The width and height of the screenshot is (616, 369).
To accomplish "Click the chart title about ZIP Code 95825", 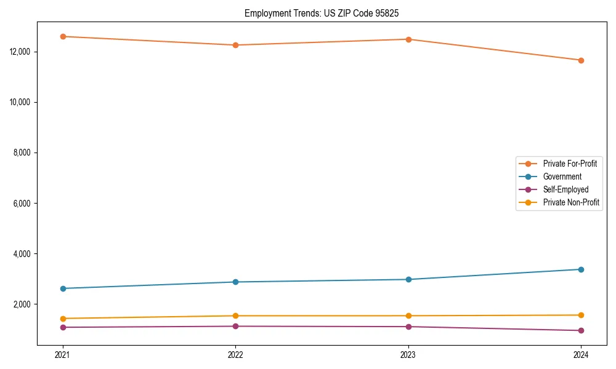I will pyautogui.click(x=322, y=13).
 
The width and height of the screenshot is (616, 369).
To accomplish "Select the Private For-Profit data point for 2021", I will pyautogui.click(x=62, y=36).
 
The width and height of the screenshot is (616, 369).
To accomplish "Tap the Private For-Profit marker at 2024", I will pyautogui.click(x=581, y=60).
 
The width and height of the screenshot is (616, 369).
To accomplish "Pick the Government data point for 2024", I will pyautogui.click(x=581, y=269).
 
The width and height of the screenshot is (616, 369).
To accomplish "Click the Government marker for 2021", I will pyautogui.click(x=62, y=288).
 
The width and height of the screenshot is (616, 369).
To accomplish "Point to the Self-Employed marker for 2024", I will pyautogui.click(x=581, y=330).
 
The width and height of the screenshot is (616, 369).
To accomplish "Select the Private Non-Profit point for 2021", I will pyautogui.click(x=62, y=319).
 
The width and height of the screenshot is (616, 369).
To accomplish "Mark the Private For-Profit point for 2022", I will pyautogui.click(x=235, y=45).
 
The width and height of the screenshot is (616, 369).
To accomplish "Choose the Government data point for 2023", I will pyautogui.click(x=408, y=279).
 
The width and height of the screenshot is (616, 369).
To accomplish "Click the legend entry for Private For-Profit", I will pyautogui.click(x=569, y=164).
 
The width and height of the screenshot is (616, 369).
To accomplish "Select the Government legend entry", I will pyautogui.click(x=562, y=177).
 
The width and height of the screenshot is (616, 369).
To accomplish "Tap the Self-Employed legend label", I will pyautogui.click(x=565, y=189).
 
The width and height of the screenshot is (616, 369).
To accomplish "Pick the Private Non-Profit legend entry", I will pyautogui.click(x=571, y=202).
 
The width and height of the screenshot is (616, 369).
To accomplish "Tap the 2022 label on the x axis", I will pyautogui.click(x=235, y=354).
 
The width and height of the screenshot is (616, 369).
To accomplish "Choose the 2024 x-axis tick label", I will pyautogui.click(x=581, y=354).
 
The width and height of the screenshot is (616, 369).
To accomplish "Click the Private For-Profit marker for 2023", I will pyautogui.click(x=408, y=39).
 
